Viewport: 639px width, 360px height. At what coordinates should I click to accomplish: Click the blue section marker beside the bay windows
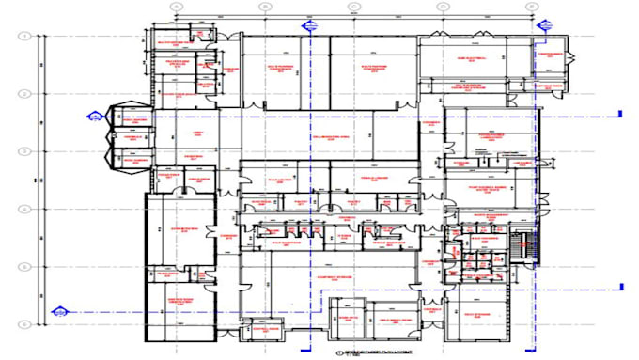94,116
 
